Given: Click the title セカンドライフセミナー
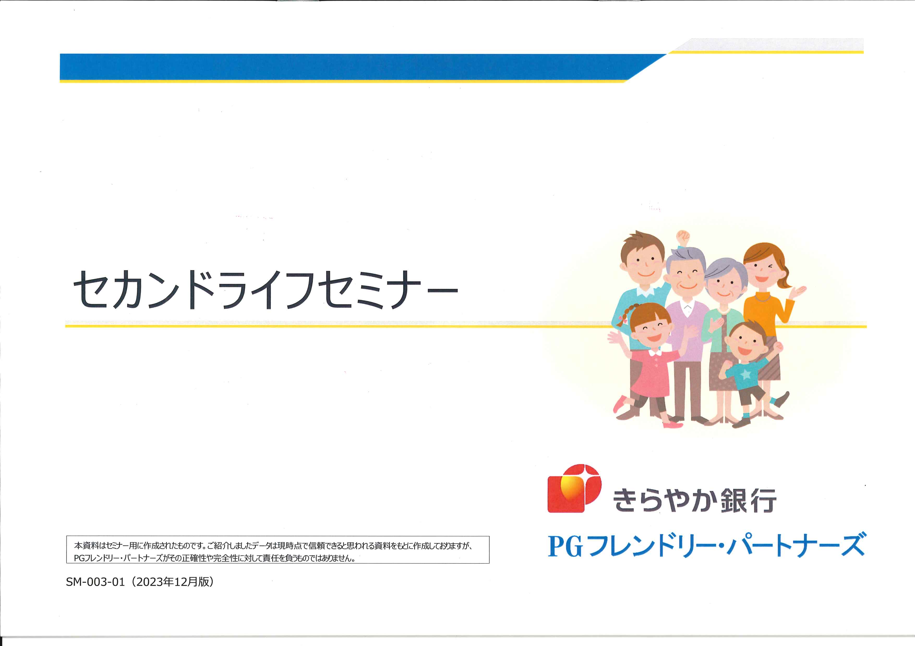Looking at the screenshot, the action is [x=265, y=290].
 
